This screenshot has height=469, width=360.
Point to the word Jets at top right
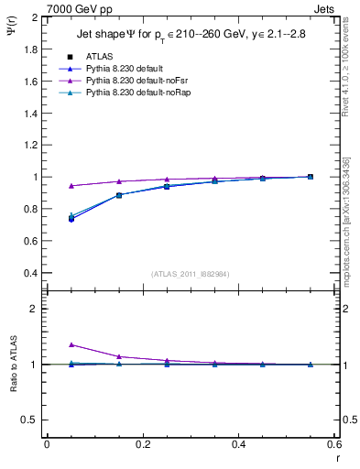click(x=324, y=8)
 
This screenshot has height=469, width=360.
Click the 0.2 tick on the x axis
click(x=143, y=444)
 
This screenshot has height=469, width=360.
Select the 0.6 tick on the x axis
click(x=334, y=444)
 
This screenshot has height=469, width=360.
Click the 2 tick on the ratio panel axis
click(x=33, y=310)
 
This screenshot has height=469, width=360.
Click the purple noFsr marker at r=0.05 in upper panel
click(x=71, y=186)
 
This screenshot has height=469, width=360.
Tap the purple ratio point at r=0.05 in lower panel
click(x=71, y=345)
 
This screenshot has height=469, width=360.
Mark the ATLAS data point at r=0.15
click(x=119, y=195)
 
